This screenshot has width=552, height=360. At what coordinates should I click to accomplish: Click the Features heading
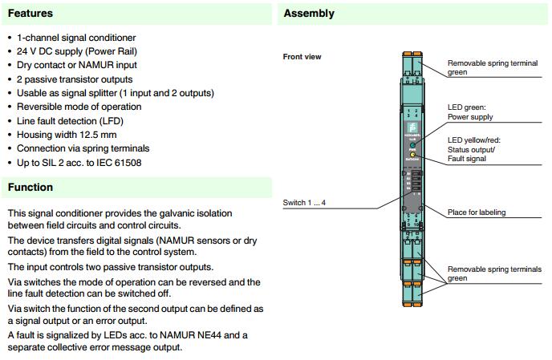point(30,14)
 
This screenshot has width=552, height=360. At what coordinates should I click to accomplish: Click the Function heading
point(30,188)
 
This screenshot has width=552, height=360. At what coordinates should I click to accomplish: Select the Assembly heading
point(309,14)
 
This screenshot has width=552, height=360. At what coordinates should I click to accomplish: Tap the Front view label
point(302,57)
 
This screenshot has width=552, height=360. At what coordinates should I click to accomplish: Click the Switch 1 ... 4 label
point(304,203)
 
